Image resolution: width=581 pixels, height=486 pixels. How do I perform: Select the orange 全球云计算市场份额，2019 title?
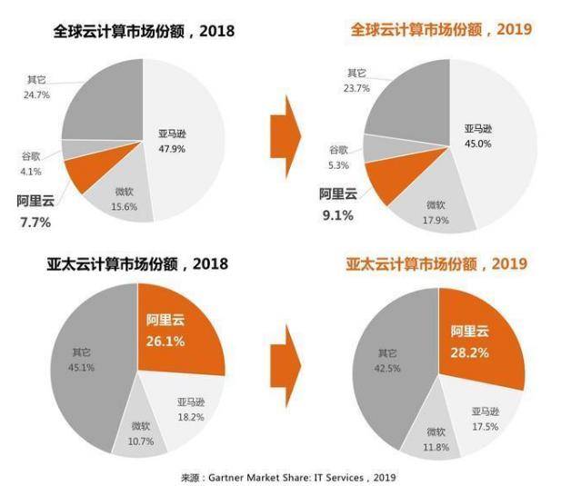point(441,30)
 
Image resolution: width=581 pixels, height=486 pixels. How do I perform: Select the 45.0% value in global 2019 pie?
point(476,143)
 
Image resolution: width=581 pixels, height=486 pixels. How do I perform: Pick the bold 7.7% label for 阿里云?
point(34,222)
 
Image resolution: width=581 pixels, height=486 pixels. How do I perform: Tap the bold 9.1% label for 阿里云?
point(336,215)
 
